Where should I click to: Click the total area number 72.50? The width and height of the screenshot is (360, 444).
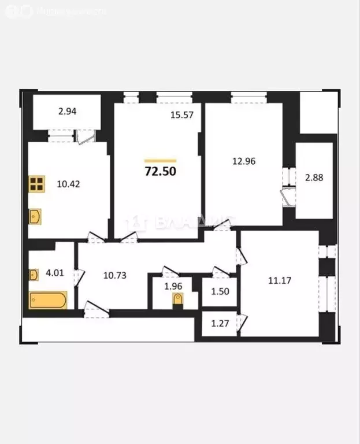tap(160, 171)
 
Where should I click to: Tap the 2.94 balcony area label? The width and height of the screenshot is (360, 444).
tap(68, 113)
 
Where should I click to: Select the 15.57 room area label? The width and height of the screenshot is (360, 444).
tap(181, 114)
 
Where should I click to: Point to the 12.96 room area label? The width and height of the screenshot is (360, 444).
tap(243, 161)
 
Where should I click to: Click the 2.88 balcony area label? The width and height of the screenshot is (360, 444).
tap(314, 177)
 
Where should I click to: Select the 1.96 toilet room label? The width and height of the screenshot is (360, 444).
tap(173, 286)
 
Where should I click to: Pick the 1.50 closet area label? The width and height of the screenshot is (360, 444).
tap(219, 293)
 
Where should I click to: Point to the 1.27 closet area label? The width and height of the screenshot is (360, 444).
tap(218, 324)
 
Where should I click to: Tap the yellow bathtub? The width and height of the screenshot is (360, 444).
tap(48, 300)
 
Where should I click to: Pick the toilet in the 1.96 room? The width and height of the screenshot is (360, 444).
tap(178, 300)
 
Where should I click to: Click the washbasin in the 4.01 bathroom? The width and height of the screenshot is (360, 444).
tap(34, 273)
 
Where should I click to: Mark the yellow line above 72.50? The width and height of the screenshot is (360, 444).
tap(160, 161)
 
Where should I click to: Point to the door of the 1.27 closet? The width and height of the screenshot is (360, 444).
tap(243, 320)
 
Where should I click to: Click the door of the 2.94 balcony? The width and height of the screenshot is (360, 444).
tap(86, 136)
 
